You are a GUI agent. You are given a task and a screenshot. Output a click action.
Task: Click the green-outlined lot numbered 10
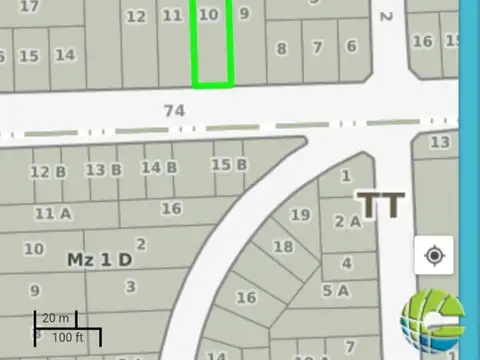point(212,45)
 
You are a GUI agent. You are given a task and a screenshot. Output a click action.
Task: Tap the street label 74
point(174,110)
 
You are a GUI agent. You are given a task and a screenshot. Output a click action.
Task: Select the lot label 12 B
point(48,171)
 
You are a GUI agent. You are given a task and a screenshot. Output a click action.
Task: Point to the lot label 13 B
point(103,169)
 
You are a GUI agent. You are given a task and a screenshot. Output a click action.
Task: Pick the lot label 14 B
point(159,167)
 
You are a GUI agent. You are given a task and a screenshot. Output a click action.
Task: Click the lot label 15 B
point(228,164)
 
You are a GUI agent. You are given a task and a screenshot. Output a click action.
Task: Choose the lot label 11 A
point(53,212)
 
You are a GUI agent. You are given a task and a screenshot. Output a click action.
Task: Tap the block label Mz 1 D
point(99,260)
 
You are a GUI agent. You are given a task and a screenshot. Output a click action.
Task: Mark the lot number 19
point(300,214)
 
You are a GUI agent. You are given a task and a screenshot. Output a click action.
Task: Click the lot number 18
point(283,246)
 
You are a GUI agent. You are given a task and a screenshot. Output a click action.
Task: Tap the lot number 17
point(29,6)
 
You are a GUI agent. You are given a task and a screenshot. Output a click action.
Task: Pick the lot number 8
point(282,48)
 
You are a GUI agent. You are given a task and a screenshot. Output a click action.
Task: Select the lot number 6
point(351,46)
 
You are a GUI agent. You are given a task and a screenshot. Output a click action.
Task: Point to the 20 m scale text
point(56,318)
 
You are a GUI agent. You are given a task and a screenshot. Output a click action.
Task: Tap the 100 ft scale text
point(67,338)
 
